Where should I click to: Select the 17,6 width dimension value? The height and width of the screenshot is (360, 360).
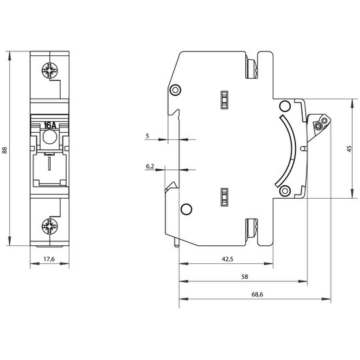coord(49,259)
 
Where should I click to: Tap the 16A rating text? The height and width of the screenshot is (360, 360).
coord(50,125)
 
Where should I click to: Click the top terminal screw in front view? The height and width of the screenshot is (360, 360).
coord(50,70)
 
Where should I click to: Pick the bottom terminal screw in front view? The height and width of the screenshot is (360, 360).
coord(50,227)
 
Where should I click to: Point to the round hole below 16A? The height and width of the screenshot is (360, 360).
coord(50,137)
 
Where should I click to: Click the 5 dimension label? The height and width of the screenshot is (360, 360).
coord(147,136)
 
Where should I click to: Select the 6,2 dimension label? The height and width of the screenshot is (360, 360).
coord(150,166)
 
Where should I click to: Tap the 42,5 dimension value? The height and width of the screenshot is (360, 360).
coord(227,259)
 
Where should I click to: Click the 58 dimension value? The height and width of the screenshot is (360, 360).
coord(245,277)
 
